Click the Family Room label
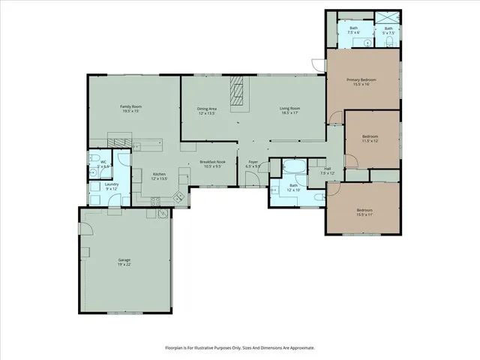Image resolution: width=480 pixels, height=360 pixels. (x=131, y=107)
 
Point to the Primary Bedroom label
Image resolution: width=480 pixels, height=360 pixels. (x=361, y=80)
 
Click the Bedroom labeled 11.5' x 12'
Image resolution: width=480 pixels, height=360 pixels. (x=370, y=137)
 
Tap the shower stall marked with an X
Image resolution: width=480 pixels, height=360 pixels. (x=388, y=18)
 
